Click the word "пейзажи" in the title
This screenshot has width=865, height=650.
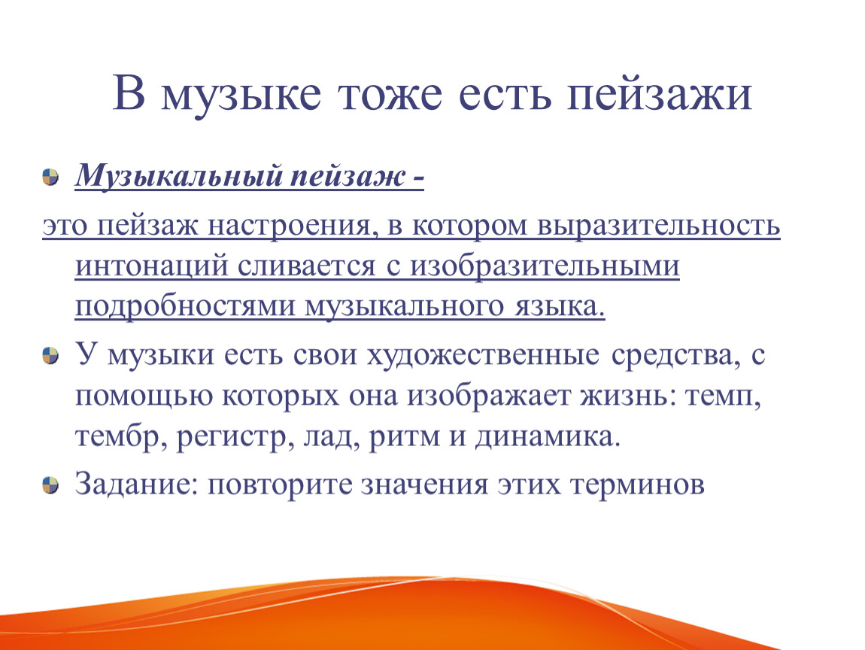[659, 95]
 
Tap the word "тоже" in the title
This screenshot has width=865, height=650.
[390, 95]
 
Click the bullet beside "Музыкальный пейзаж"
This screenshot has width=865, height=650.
[50, 178]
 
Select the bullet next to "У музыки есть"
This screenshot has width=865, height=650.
[50, 355]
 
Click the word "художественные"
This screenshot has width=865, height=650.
[483, 355]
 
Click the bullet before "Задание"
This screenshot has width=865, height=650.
[50, 485]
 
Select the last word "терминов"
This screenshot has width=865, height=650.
[637, 485]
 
